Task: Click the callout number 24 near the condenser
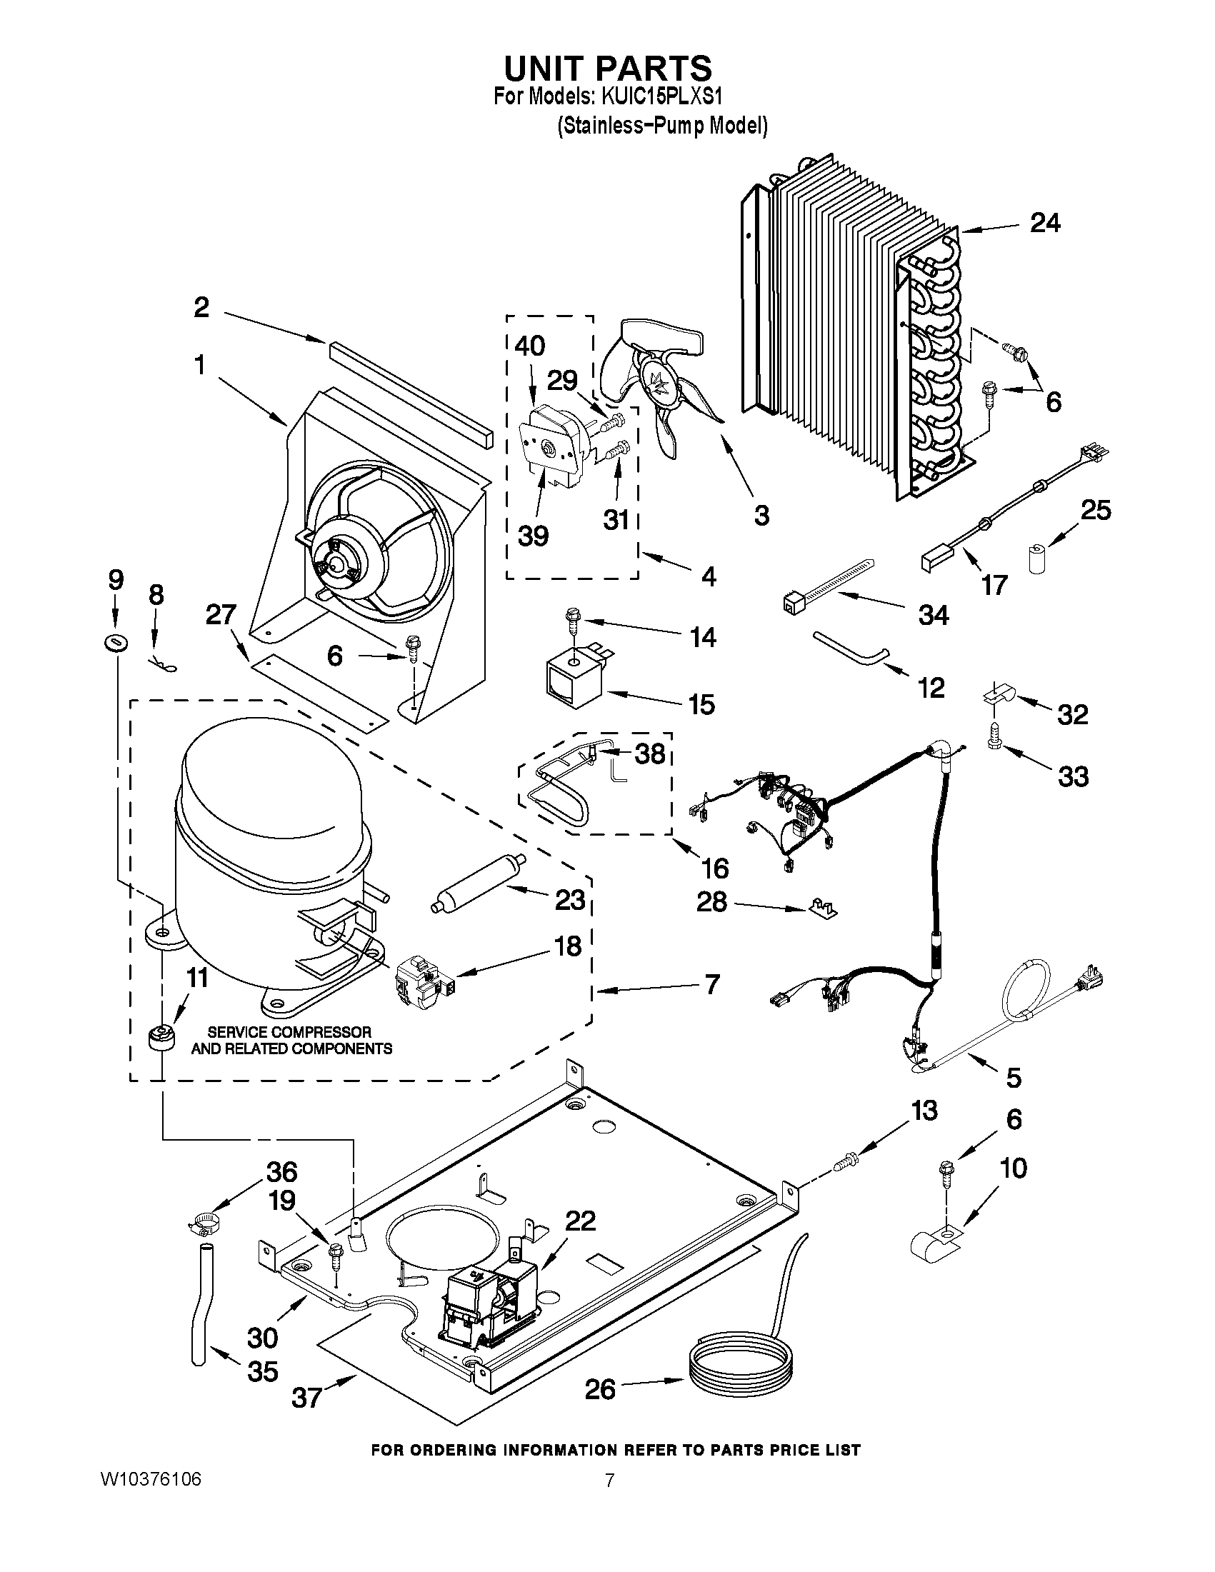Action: point(1045,223)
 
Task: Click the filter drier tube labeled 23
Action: point(479,883)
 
